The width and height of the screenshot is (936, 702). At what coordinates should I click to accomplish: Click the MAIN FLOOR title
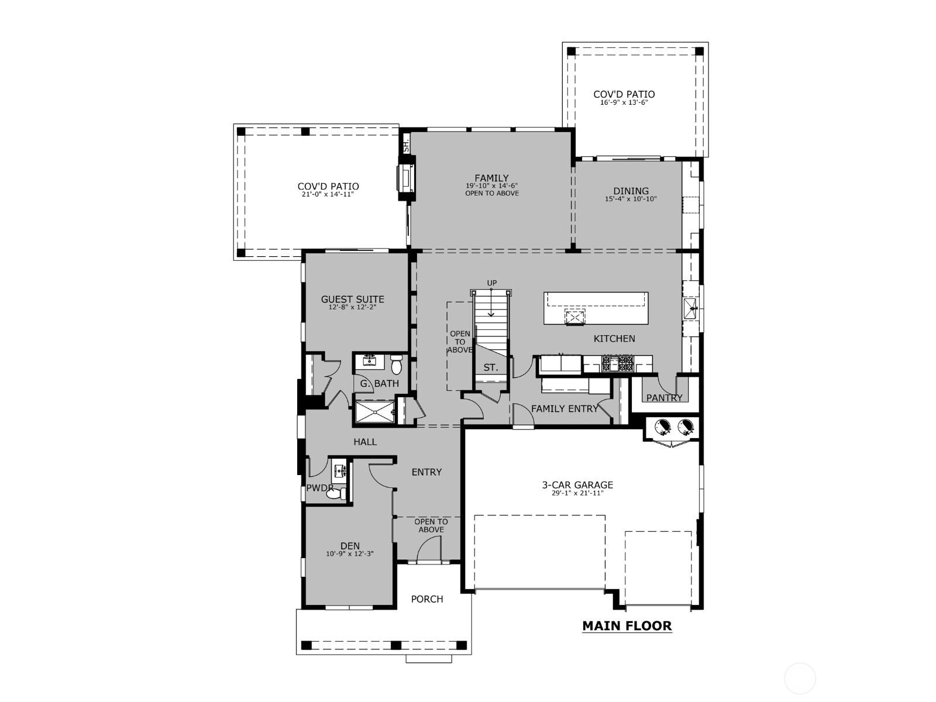click(627, 626)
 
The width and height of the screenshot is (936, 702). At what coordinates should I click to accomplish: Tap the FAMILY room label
click(491, 178)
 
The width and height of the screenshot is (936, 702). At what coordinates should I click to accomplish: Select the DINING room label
click(631, 191)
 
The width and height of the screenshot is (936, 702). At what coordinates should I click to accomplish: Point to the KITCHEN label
click(614, 339)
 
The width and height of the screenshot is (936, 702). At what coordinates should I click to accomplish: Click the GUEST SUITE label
click(352, 299)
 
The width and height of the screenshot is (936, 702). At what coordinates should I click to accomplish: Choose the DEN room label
click(350, 546)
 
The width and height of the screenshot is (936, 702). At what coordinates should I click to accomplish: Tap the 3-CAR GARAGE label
click(577, 484)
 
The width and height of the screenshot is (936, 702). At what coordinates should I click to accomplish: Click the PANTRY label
click(664, 398)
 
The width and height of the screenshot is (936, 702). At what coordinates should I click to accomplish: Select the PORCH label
click(427, 599)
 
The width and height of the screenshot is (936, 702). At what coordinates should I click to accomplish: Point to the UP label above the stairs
click(491, 283)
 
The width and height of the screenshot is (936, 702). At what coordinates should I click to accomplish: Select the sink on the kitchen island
click(575, 317)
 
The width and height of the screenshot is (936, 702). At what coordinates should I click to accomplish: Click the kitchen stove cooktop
click(617, 363)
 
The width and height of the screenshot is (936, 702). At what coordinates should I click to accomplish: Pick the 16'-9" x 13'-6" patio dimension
click(624, 102)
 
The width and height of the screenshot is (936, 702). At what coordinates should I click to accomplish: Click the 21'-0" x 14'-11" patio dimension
click(328, 194)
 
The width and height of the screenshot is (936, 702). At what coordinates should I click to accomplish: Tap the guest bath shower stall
click(375, 412)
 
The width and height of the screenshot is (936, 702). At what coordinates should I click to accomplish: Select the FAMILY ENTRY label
click(565, 409)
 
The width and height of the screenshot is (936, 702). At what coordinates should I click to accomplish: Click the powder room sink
click(340, 471)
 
